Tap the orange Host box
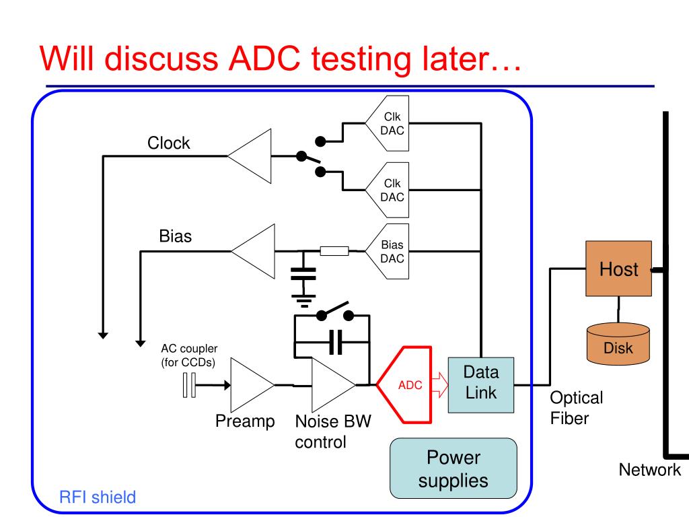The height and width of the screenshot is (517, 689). tap(618, 269)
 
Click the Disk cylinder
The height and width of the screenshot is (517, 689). tap(618, 343)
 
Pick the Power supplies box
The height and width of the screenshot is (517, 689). tap(454, 469)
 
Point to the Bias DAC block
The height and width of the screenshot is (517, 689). tap(390, 251)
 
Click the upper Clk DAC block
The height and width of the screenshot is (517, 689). tap(390, 124)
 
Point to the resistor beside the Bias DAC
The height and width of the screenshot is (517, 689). tap(334, 251)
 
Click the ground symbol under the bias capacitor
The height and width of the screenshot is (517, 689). tap(303, 298)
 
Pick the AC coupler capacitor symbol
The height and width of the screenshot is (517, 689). tap(189, 386)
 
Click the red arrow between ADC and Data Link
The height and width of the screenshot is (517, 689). tap(438, 386)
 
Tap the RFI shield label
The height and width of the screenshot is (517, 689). tap(98, 497)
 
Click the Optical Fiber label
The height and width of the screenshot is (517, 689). tap(576, 407)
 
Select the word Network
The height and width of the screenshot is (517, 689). tap(649, 470)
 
